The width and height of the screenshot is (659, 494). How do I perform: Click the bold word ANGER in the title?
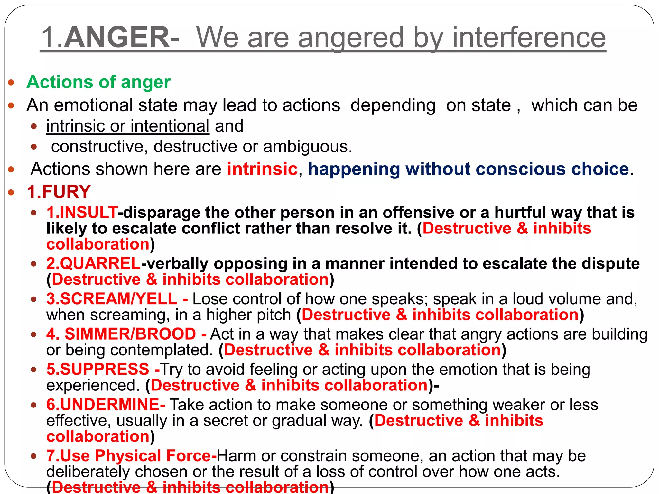116,38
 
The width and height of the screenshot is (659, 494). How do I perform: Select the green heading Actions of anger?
98,82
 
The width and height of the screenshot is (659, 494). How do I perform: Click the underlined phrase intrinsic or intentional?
128,126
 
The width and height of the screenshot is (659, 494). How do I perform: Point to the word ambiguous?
307,147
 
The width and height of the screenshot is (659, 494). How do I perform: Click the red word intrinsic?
262,169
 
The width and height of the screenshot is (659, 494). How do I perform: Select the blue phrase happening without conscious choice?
468,169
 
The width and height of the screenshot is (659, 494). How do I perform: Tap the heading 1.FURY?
59,192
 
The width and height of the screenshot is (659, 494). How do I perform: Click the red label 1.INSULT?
82,213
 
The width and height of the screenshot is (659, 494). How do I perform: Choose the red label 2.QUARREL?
93,263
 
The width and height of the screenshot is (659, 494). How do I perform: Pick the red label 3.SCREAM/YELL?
112,299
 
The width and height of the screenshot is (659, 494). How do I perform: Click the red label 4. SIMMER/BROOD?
121,334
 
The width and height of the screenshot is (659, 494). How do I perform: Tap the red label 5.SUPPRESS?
98,369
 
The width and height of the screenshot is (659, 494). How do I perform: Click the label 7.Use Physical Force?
128,456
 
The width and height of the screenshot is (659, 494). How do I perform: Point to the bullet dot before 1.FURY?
11,192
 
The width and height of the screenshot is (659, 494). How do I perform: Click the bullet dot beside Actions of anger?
11,83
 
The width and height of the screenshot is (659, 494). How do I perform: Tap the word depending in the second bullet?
393,105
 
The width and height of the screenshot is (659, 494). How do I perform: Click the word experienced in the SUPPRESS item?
93,385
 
